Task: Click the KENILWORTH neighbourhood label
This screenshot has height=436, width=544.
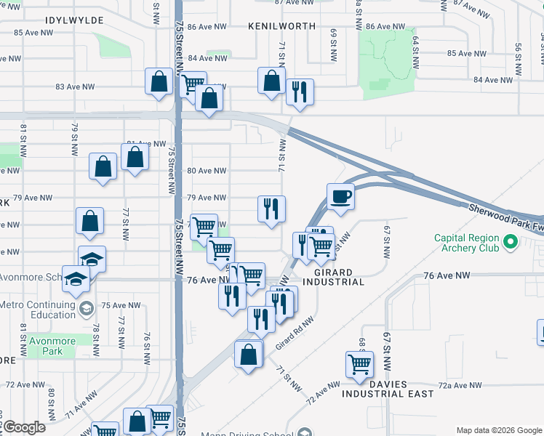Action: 281,25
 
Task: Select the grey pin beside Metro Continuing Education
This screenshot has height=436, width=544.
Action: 86,310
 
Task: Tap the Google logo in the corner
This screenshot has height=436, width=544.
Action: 23,427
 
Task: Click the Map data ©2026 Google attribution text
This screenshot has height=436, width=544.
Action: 498,429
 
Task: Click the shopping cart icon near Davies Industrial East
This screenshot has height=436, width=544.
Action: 359,363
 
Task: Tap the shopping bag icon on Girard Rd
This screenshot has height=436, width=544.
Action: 248,355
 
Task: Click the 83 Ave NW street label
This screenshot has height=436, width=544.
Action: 75,86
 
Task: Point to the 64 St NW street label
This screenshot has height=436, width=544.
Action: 415,51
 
